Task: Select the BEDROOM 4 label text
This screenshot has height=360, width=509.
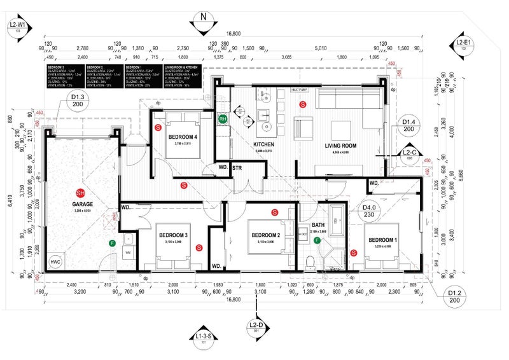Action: pyautogui.click(x=183, y=137)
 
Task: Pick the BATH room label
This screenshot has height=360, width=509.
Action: pyautogui.click(x=318, y=225)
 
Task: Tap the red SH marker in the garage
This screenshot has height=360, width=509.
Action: pyautogui.click(x=80, y=193)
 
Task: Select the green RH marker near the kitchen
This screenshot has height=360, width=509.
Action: pyautogui.click(x=223, y=119)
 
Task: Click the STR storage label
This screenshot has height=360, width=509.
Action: pyautogui.click(x=237, y=168)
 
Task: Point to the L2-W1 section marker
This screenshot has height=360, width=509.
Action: pyautogui.click(x=15, y=27)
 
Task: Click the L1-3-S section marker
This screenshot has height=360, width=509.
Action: pyautogui.click(x=204, y=338)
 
